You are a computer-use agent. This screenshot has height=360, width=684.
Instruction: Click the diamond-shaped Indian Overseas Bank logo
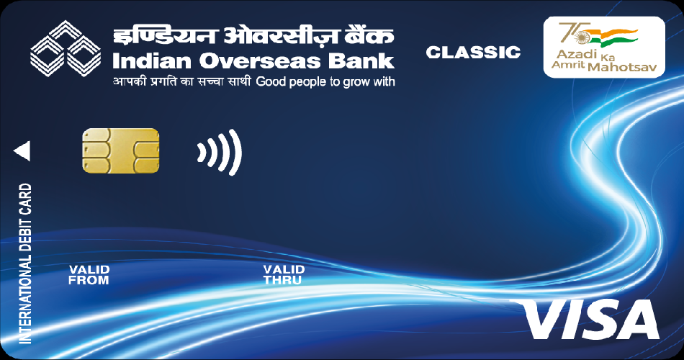tap(66, 48)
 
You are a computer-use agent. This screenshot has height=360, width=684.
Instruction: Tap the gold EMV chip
tap(121, 150)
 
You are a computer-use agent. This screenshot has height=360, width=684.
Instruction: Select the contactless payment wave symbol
tap(220, 152)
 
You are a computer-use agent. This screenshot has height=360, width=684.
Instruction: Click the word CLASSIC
tap(473, 53)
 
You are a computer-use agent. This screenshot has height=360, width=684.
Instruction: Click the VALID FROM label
tap(89, 275)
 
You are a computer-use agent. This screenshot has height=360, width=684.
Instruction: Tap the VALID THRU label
tap(284, 275)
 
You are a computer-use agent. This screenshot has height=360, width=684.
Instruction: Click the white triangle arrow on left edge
tap(22, 151)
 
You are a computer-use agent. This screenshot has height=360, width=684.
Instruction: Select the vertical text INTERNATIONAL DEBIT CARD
tap(25, 264)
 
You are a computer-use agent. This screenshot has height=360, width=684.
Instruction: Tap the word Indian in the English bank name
tap(153, 61)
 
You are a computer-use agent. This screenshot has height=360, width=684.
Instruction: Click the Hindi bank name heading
tap(253, 37)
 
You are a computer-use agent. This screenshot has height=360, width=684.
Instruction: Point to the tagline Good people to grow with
tap(325, 82)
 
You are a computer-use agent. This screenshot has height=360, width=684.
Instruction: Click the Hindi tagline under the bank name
tap(182, 81)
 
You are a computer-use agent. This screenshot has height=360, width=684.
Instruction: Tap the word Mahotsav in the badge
tap(623, 67)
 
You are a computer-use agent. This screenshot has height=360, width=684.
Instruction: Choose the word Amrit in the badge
tap(568, 65)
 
